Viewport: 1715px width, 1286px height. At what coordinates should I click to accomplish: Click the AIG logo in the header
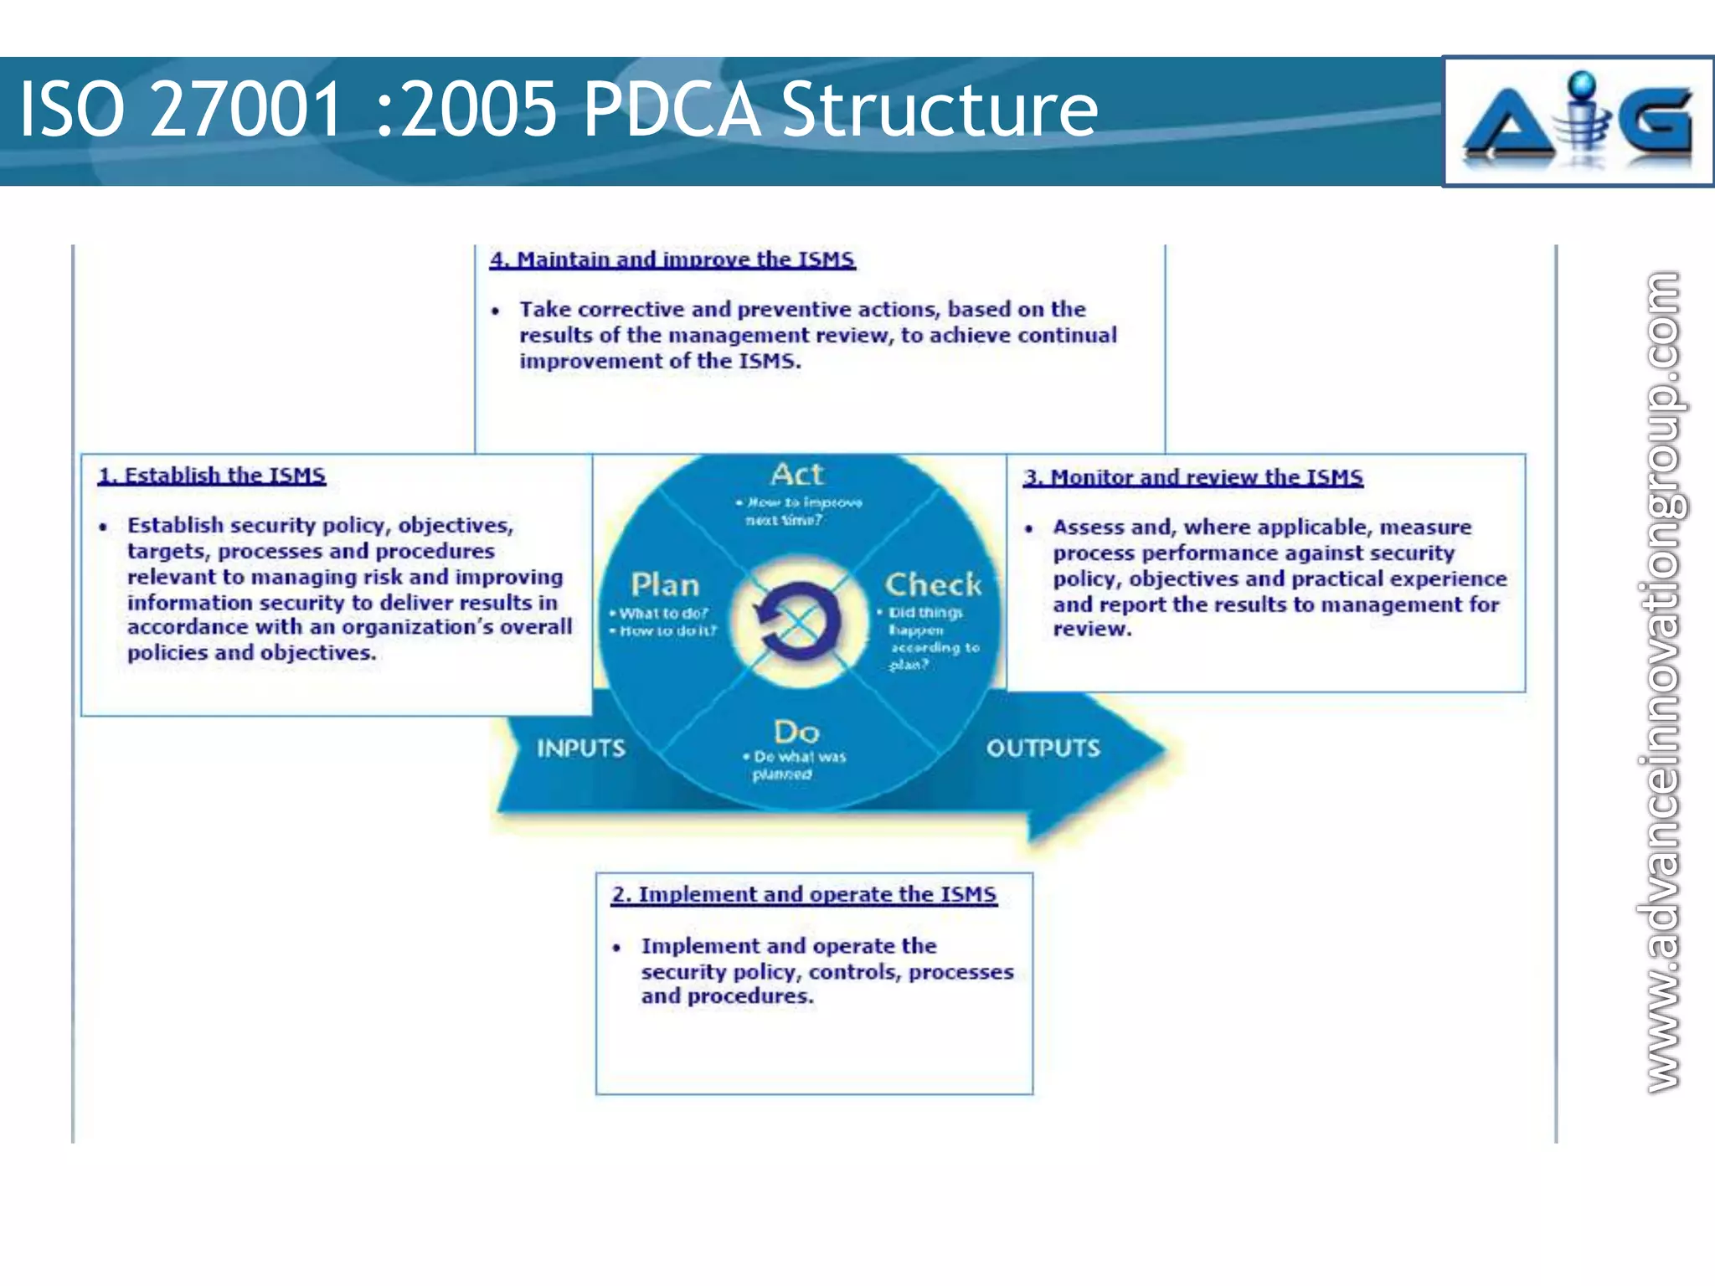[1578, 121]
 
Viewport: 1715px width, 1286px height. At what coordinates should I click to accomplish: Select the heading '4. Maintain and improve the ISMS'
[672, 260]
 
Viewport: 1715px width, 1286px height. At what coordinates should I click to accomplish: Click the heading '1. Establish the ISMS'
[211, 476]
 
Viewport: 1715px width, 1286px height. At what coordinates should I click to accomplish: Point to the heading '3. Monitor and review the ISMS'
[1192, 477]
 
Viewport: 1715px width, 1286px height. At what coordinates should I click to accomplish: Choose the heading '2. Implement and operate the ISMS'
[804, 894]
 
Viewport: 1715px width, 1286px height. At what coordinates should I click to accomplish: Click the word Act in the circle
[797, 474]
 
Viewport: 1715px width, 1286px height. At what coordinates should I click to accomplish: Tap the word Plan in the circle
[665, 584]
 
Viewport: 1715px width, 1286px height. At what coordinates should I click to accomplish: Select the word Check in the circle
[933, 584]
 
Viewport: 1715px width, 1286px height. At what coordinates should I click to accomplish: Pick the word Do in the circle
[796, 732]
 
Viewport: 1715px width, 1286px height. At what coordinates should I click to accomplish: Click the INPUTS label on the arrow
[581, 748]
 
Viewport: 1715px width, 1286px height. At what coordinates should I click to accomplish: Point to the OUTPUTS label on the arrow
[1043, 748]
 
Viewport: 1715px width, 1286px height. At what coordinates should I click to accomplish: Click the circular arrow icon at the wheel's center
[798, 621]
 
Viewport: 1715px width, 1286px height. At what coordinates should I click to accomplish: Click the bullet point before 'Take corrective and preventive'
[496, 311]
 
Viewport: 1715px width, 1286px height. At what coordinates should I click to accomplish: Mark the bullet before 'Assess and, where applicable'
[1029, 528]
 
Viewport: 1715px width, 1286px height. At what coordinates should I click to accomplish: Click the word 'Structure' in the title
[939, 110]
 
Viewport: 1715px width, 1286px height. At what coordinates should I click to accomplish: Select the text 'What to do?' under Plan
[663, 613]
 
